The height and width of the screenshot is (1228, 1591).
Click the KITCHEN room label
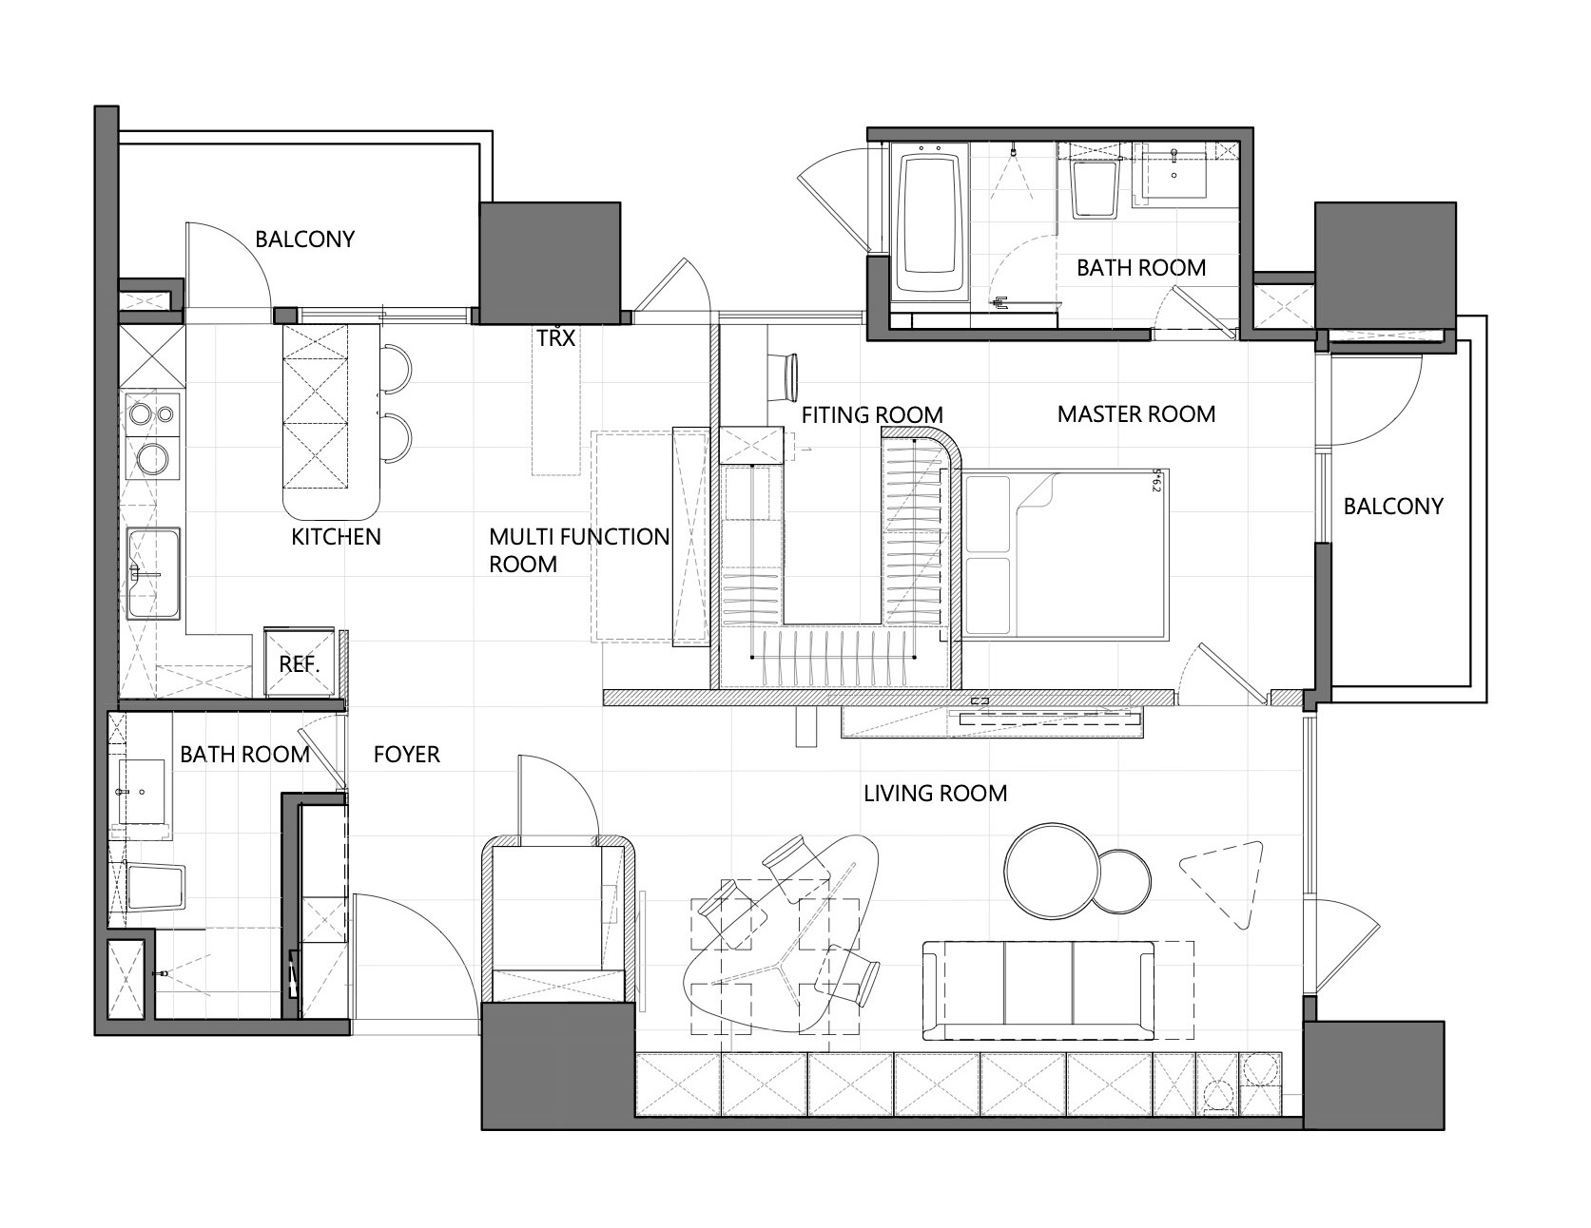(x=336, y=537)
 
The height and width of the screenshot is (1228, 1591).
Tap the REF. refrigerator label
(x=299, y=664)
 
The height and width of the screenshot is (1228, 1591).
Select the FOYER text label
(x=407, y=756)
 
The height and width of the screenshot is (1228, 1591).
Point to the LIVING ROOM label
(x=935, y=793)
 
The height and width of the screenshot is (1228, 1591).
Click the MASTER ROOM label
(x=1136, y=414)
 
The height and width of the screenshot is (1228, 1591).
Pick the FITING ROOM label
(x=872, y=415)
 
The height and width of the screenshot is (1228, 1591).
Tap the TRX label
(x=556, y=337)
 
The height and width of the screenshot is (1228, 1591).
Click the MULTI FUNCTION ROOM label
(x=579, y=550)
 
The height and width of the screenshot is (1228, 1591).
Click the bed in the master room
(x=1064, y=551)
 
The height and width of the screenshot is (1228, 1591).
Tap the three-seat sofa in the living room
(x=1038, y=989)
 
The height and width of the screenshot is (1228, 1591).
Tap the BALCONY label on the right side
(x=1393, y=507)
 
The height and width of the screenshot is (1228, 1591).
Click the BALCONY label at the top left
(x=304, y=240)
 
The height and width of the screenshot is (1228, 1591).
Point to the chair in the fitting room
(x=786, y=376)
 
